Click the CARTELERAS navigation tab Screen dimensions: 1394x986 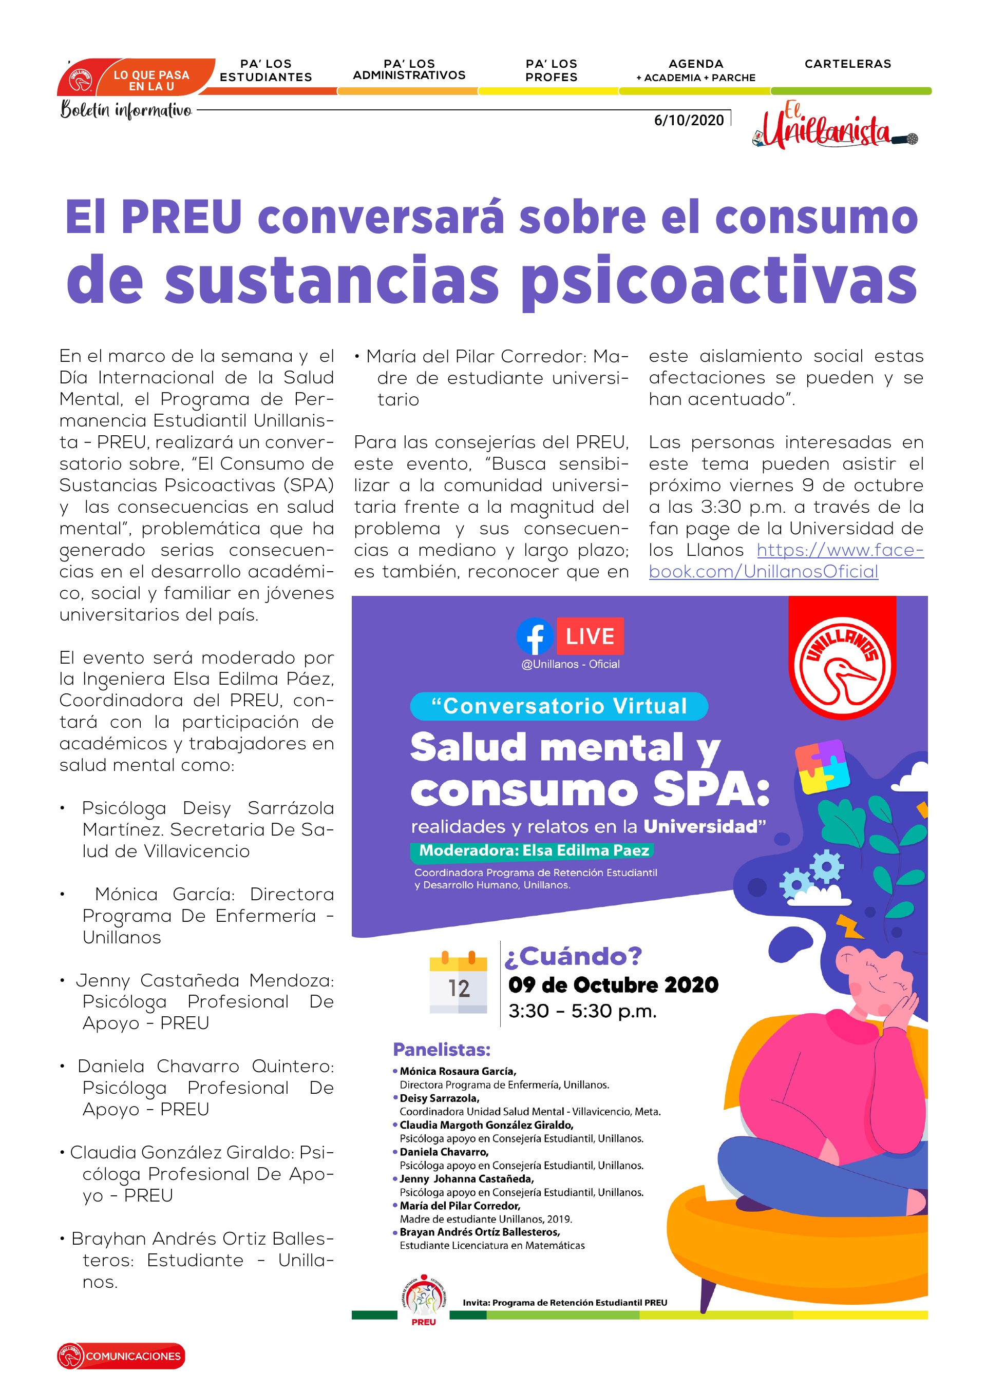point(847,64)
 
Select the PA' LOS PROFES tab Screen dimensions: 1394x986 point(551,70)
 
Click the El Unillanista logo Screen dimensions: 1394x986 point(832,127)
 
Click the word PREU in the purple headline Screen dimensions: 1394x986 point(182,217)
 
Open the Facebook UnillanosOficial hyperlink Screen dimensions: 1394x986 point(786,561)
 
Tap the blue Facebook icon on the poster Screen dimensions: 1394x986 point(534,636)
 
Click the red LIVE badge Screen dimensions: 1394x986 point(590,636)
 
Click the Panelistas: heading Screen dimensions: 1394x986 point(441,1049)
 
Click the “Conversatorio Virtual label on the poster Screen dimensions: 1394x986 point(559,706)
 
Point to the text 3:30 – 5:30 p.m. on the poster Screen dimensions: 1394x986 point(582,1011)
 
